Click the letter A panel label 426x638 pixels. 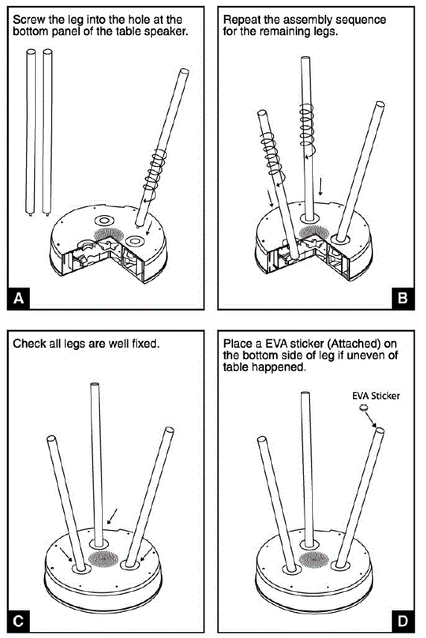(19, 299)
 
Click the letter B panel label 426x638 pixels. (403, 299)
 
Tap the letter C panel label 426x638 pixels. (19, 622)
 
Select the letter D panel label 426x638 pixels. (403, 622)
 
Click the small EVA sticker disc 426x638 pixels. (363, 407)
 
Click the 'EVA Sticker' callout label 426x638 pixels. (376, 395)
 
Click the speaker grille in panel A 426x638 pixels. (109, 235)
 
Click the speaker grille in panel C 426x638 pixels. (104, 558)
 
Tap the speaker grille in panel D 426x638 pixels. (314, 560)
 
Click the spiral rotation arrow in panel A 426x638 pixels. (155, 174)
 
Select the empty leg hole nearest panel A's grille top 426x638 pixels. (104, 220)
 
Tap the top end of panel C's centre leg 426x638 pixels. (95, 383)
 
